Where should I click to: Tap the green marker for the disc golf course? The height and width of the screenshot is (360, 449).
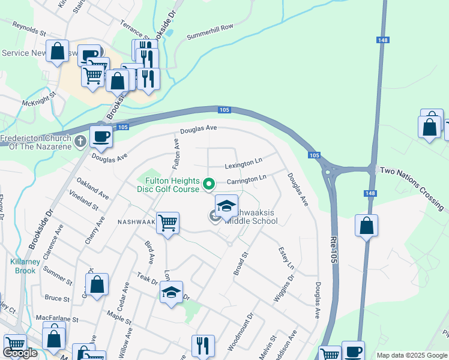(x=209, y=184)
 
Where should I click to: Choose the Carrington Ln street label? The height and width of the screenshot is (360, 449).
(x=246, y=179)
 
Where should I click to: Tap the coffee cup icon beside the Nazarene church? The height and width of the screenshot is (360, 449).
(x=101, y=137)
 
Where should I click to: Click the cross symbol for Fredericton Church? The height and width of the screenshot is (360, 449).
(x=81, y=141)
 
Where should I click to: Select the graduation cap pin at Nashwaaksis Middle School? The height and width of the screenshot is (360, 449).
(x=226, y=206)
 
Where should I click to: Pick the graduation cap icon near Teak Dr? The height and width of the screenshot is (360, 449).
(x=171, y=293)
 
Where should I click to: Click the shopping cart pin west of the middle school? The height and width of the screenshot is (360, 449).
(x=167, y=223)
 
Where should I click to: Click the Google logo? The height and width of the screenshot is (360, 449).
(x=20, y=353)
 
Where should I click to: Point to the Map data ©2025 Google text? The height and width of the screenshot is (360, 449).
(x=412, y=355)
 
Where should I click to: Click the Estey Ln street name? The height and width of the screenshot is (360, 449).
(x=286, y=257)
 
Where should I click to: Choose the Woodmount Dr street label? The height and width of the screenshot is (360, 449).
(x=241, y=331)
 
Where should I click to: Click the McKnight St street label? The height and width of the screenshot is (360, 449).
(x=39, y=98)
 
